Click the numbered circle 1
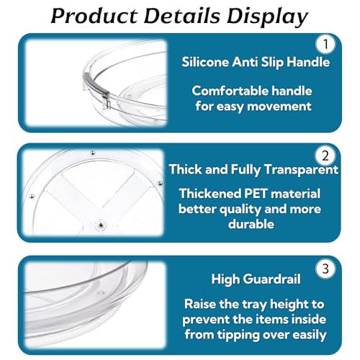[x=325, y=44]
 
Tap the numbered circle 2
[x=325, y=156]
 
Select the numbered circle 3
[x=325, y=269]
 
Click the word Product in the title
[x=94, y=16]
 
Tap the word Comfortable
[x=230, y=91]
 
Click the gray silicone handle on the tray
[x=96, y=86]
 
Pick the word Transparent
[x=301, y=170]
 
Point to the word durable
[x=251, y=224]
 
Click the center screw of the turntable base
[x=102, y=225]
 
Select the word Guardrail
[x=273, y=279]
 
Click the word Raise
[x=200, y=304]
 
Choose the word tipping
[x=238, y=336]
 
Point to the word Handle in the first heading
[x=308, y=62]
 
